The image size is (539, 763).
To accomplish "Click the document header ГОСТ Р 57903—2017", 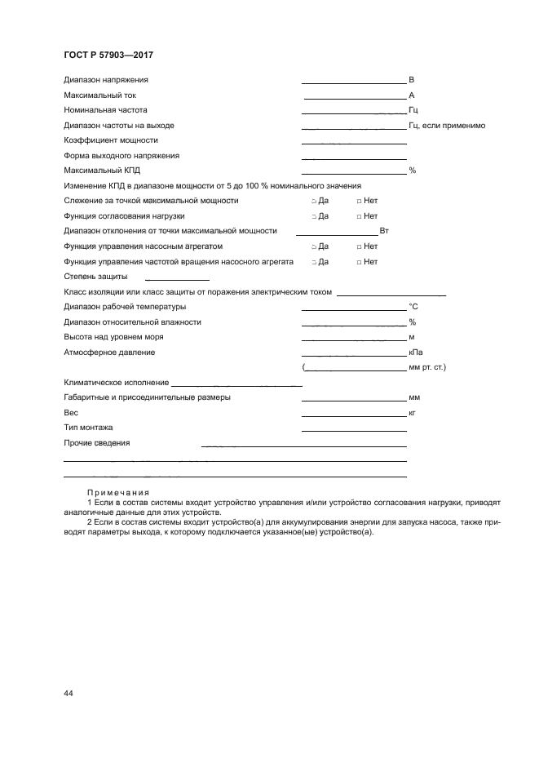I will [108, 55].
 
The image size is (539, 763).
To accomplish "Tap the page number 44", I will [68, 693].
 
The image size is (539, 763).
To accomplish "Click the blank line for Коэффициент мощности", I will [354, 143].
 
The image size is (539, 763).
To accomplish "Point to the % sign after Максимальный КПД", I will [412, 171].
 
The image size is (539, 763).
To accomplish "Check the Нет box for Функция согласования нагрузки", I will [359, 216].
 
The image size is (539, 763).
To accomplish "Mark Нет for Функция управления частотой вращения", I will [359, 262].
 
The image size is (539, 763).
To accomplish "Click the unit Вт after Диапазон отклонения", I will [384, 232].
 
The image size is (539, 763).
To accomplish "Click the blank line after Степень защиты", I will [176, 280].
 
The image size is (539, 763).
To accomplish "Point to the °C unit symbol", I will [413, 307].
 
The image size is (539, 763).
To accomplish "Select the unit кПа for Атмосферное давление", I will [414, 353].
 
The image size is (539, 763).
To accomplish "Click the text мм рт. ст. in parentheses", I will [426, 367].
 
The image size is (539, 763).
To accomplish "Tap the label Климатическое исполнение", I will [116, 383].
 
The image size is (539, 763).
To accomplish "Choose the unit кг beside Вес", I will [412, 413].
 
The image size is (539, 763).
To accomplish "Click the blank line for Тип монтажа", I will [354, 430].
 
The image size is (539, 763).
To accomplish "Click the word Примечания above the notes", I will [117, 492].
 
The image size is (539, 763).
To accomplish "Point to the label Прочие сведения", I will [96, 443].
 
